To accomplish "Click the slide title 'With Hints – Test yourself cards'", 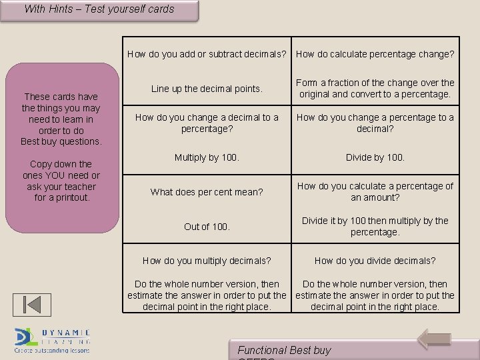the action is (99, 9).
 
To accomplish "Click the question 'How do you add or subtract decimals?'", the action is (207, 54).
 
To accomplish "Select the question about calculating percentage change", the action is (375, 54).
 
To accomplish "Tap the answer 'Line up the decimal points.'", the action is (207, 89).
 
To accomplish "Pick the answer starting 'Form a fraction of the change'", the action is (375, 89).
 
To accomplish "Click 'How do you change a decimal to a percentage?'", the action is (207, 123).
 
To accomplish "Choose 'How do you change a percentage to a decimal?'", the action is (375, 123).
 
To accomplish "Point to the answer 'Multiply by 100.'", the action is (207, 158).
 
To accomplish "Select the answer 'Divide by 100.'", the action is (375, 158).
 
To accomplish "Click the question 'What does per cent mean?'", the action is (207, 192).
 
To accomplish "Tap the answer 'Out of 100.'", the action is (207, 227).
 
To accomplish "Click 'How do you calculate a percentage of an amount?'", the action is (375, 192).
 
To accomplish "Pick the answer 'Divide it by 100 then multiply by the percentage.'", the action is (375, 227).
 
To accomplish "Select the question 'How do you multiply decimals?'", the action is (207, 261).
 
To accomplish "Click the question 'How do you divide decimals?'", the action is (375, 261).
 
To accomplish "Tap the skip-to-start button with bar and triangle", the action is (32, 304).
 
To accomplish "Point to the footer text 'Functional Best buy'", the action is (284, 350).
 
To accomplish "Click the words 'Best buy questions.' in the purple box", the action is (61, 141).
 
